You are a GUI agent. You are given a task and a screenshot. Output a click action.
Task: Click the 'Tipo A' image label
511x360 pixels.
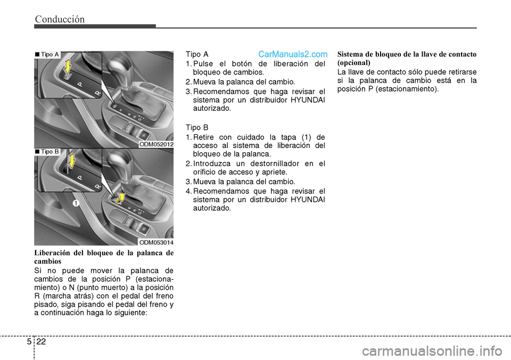(x=47, y=54)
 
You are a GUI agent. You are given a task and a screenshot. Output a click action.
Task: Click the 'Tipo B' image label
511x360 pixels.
(x=47, y=152)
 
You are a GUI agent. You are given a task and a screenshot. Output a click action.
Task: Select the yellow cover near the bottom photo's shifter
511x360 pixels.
(x=120, y=198)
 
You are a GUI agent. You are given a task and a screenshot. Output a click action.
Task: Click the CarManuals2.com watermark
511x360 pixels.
(x=292, y=54)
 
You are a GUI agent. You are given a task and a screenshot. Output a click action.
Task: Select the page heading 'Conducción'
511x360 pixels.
(x=60, y=20)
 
